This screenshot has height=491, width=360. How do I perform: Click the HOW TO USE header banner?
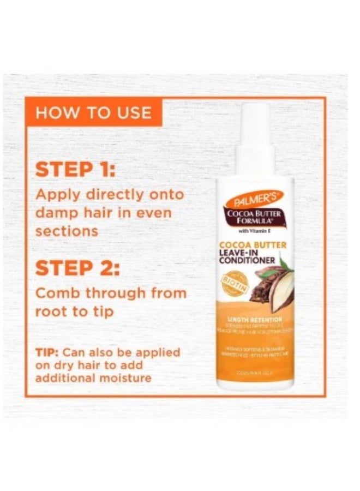[x=93, y=112]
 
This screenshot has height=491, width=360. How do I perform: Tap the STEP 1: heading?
[x=75, y=169]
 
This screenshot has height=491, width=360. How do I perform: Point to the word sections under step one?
[x=67, y=230]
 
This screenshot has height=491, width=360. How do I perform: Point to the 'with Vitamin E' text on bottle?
[x=255, y=230]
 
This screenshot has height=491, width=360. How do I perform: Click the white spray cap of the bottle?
[x=255, y=136]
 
